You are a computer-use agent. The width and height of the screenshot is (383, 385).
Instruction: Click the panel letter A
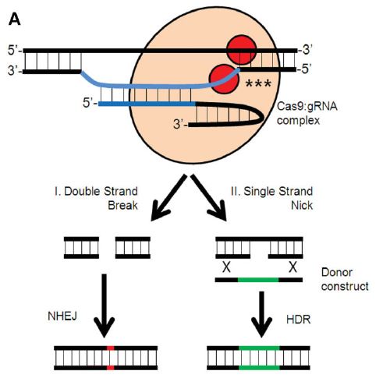tap(14, 19)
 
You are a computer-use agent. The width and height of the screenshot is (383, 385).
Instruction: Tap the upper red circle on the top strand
tap(242, 50)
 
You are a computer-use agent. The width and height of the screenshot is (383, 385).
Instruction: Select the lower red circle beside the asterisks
tap(224, 79)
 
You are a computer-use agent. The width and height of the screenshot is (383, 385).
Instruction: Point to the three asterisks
tap(258, 83)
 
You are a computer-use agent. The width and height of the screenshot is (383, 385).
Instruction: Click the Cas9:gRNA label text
tap(307, 106)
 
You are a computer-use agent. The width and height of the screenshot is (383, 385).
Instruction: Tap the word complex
tap(298, 121)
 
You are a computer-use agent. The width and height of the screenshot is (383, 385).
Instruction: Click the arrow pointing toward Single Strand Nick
tap(209, 197)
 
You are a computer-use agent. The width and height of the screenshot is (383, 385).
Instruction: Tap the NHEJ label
tap(62, 316)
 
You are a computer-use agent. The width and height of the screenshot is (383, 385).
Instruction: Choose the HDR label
tap(298, 320)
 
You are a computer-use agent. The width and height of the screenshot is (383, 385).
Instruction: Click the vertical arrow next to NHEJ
tap(105, 306)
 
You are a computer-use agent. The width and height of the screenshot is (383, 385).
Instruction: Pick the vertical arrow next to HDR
tap(261, 314)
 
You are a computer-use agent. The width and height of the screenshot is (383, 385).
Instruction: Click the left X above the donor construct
tap(226, 267)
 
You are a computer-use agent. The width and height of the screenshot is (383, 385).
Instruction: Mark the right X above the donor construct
tap(293, 267)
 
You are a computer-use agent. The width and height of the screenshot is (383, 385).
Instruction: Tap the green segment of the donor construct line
tap(258, 280)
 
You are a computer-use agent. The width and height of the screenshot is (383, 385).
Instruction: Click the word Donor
tap(337, 272)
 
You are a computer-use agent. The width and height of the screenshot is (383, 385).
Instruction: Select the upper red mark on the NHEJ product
tap(111, 348)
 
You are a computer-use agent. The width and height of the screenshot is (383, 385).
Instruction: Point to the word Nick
tap(302, 206)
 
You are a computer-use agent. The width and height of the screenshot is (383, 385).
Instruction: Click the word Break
tap(122, 206)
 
